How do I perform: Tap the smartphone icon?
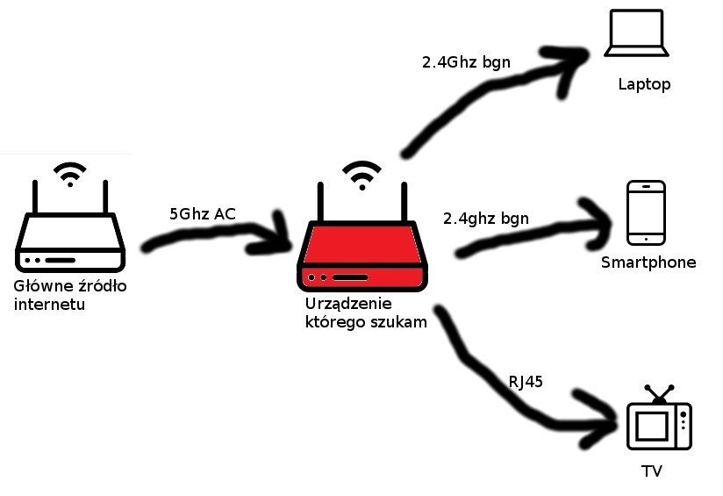646,213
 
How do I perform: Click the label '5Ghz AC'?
202,214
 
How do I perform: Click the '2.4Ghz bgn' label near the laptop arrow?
466,62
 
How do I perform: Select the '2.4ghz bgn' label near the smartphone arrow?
486,218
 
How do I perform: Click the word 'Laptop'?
644,84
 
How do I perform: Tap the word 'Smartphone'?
648,262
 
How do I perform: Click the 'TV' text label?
652,472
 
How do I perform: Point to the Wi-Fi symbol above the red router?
361,175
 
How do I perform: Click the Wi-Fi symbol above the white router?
69,174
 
